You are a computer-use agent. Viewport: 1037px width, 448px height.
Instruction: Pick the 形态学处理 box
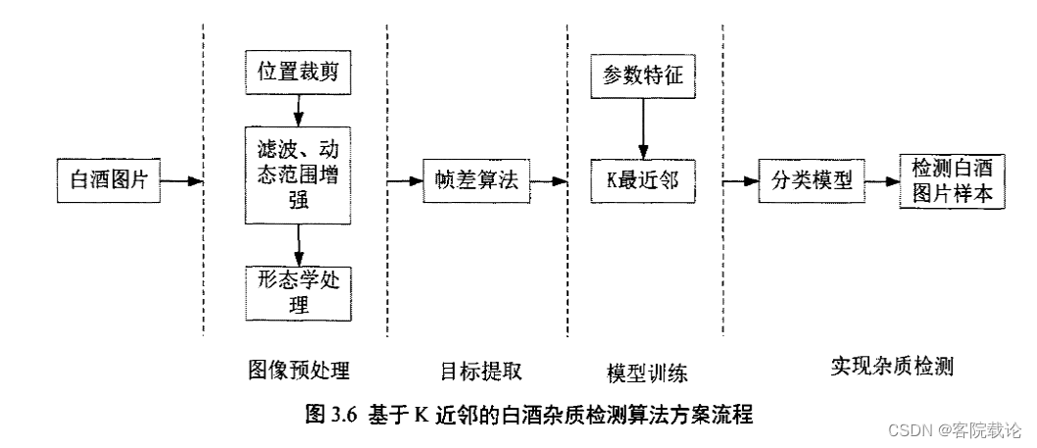tap(297, 291)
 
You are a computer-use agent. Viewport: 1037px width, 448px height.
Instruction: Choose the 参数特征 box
tap(642, 75)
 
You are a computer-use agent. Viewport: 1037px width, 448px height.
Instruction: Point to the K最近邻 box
tap(642, 180)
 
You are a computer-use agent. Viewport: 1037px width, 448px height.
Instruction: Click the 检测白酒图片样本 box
tap(953, 180)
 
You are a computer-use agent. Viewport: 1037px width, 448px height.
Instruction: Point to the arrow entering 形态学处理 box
tap(297, 244)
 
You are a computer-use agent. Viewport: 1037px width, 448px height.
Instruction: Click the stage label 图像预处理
tap(298, 370)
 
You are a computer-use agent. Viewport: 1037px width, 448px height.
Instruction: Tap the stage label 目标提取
tap(480, 370)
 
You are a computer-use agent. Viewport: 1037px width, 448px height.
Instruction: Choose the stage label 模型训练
tap(647, 372)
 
